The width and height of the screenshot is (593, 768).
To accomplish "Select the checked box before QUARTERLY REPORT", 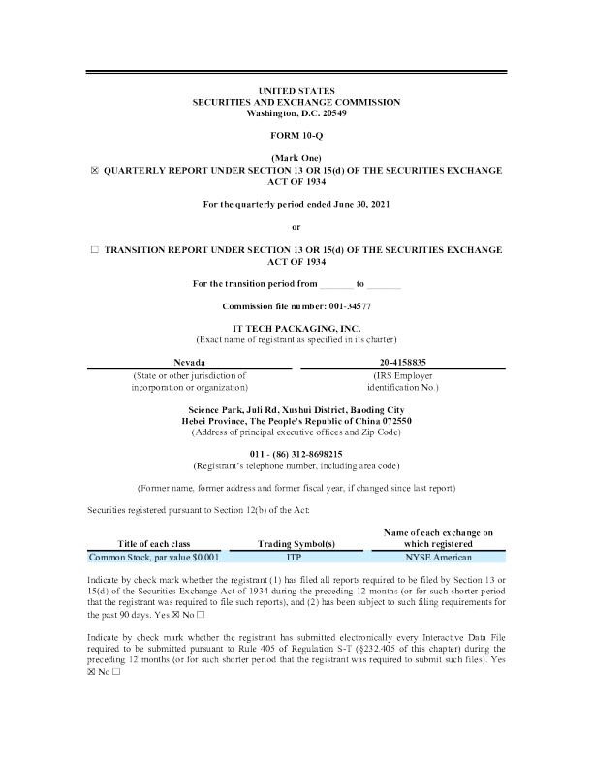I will pyautogui.click(x=95, y=170).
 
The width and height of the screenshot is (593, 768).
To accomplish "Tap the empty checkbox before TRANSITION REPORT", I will pyautogui.click(x=95, y=249).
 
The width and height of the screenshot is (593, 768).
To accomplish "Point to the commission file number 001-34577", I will pyautogui.click(x=344, y=306).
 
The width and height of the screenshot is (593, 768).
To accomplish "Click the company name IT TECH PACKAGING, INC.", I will pyautogui.click(x=296, y=329).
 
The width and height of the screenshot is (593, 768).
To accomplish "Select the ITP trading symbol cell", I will pyautogui.click(x=296, y=558).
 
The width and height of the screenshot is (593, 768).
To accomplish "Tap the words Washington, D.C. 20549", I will pyautogui.click(x=296, y=112).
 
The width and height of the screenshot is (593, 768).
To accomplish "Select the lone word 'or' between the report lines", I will pyautogui.click(x=296, y=227).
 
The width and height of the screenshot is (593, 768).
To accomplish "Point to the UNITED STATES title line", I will pyautogui.click(x=296, y=91).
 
